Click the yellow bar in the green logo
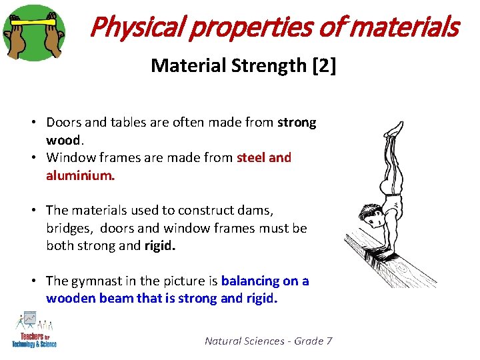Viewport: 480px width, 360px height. (x=33, y=21)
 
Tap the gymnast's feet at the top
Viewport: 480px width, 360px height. (x=396, y=127)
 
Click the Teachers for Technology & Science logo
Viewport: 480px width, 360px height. (x=35, y=329)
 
